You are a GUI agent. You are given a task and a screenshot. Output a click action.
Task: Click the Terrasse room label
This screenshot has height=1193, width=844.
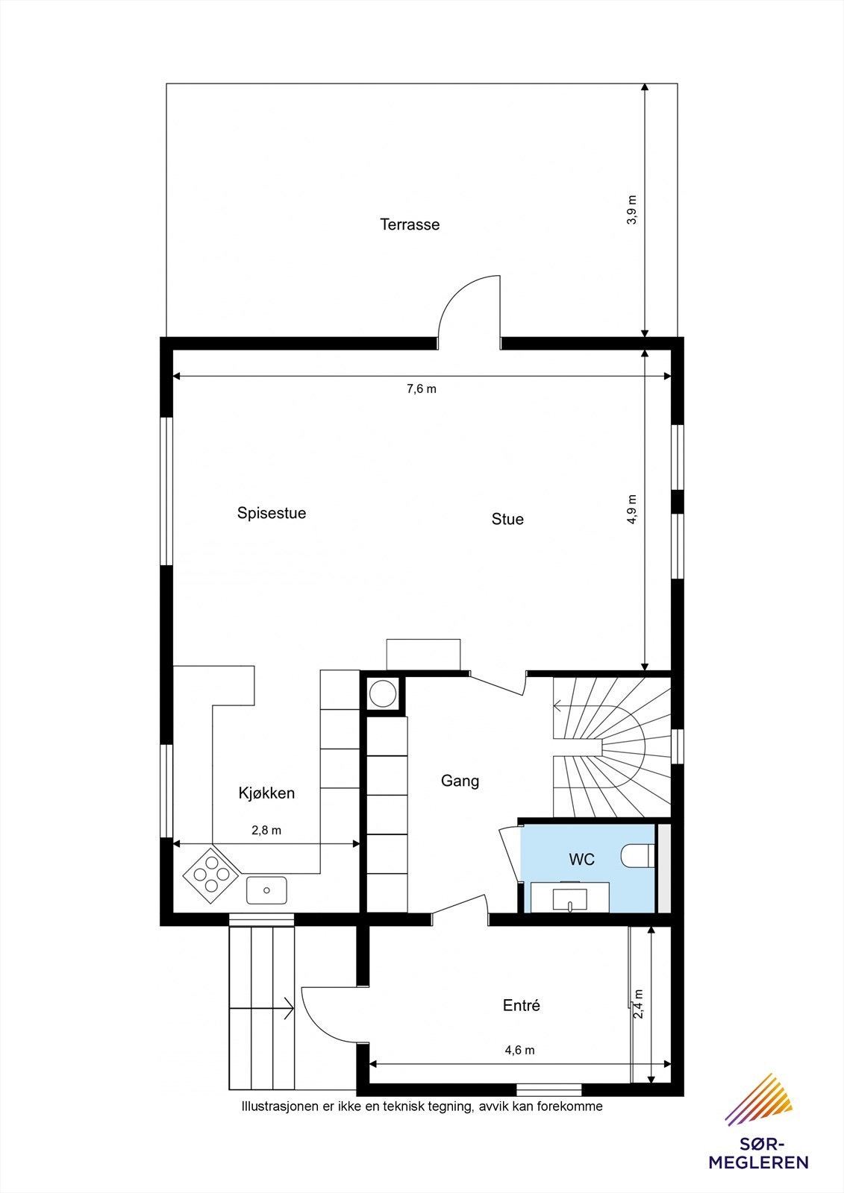click(x=410, y=224)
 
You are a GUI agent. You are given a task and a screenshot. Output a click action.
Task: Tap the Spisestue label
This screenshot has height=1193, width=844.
click(x=272, y=513)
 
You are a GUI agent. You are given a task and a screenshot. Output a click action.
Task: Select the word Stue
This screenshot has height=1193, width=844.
click(x=507, y=519)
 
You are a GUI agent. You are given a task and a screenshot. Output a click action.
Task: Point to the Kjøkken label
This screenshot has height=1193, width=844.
click(x=266, y=793)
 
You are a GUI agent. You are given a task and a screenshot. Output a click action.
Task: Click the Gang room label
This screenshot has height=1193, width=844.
click(x=460, y=781)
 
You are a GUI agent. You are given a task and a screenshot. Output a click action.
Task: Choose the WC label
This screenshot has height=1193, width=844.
click(x=582, y=859)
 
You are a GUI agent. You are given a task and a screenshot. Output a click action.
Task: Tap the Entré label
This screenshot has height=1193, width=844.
click(x=522, y=1005)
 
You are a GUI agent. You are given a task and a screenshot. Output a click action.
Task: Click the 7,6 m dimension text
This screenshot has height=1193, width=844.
click(x=422, y=388)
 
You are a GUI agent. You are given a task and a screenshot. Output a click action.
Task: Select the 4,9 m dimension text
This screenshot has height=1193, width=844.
click(x=632, y=510)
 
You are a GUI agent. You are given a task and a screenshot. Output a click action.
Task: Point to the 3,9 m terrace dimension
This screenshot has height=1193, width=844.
click(x=632, y=210)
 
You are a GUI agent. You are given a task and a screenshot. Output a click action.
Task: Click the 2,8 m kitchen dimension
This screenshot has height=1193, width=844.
click(x=266, y=830)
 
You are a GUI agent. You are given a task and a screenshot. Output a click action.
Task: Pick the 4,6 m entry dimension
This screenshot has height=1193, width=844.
click(x=519, y=1050)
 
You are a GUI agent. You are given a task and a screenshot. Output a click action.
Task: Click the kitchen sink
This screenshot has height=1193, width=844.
click(x=266, y=890)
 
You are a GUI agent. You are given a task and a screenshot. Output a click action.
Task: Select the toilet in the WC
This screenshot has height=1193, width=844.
click(x=638, y=856)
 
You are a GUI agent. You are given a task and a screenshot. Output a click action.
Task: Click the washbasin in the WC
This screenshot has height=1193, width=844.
click(x=570, y=896)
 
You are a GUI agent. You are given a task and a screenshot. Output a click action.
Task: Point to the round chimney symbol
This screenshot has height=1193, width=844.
click(x=383, y=693)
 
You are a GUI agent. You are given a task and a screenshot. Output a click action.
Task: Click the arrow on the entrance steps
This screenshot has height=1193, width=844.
click(x=286, y=1009)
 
